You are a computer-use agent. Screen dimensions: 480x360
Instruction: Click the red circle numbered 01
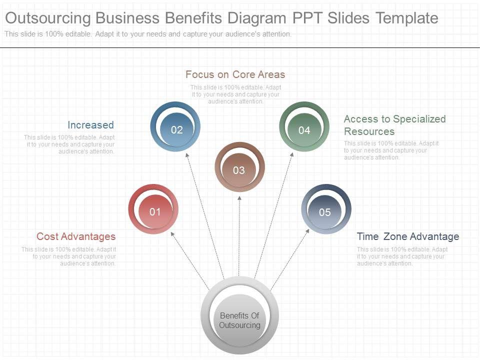click(153, 209)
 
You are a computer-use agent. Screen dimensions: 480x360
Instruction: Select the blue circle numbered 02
click(175, 127)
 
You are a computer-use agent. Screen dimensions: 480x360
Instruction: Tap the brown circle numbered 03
click(239, 167)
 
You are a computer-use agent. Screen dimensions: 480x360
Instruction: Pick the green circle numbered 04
click(304, 127)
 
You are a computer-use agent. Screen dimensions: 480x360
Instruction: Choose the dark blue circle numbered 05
click(326, 209)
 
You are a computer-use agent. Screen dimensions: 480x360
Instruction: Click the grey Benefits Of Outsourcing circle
click(239, 316)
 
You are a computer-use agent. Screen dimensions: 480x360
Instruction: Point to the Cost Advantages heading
click(76, 236)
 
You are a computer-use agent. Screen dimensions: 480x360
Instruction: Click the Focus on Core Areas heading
click(235, 74)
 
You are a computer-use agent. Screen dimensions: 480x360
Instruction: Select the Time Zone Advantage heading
click(407, 236)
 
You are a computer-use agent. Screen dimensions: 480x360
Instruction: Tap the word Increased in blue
click(90, 125)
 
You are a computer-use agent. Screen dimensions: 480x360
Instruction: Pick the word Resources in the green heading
click(369, 131)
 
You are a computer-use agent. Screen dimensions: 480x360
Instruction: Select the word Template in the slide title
click(407, 18)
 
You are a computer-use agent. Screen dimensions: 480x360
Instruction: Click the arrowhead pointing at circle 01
click(172, 233)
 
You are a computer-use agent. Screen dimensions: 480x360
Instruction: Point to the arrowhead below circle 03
click(239, 198)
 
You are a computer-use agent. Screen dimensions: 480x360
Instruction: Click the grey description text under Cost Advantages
click(69, 256)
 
